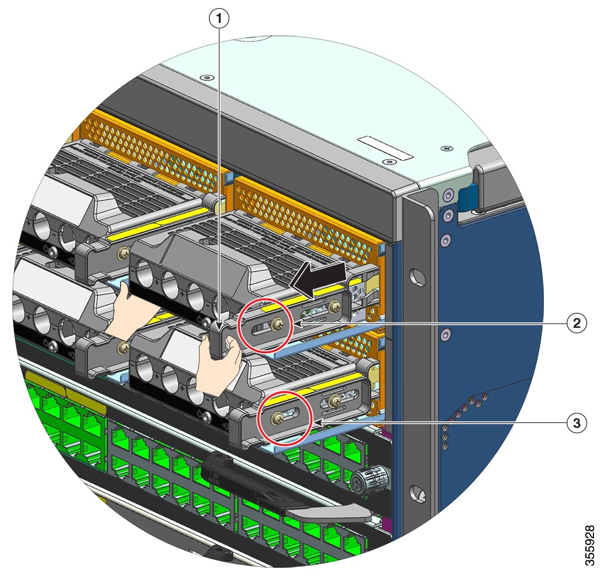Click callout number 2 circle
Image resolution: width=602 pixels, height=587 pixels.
(x=577, y=323)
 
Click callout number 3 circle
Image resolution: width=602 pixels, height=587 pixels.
(x=577, y=423)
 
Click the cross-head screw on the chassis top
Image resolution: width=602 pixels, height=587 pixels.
(x=447, y=149)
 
